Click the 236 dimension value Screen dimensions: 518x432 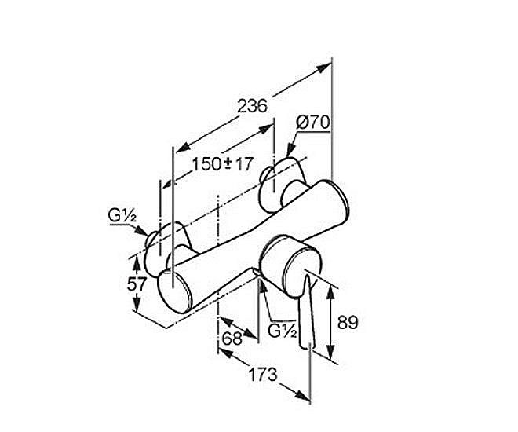coord(252,106)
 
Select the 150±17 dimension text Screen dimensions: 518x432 coord(223,163)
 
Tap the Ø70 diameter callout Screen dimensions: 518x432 coord(312,123)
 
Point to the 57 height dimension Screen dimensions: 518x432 coord(137,284)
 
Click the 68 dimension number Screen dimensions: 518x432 coord(232,338)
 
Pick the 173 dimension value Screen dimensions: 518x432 coord(263,375)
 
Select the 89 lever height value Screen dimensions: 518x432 coord(348,322)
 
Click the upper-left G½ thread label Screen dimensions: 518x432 coord(122,216)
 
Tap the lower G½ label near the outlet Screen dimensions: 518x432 coord(282,331)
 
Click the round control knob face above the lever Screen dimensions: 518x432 coord(302,273)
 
